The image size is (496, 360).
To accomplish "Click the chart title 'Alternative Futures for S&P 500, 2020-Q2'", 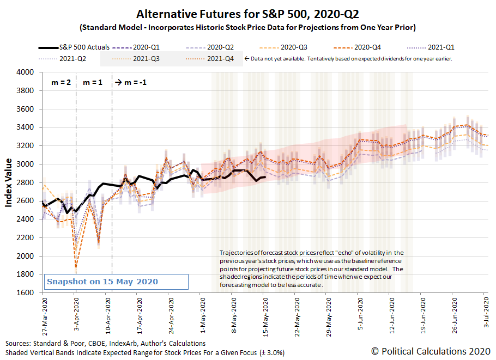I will pyautogui.click(x=247, y=14).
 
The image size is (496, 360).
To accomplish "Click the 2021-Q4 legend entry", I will pyautogui.click(x=221, y=58).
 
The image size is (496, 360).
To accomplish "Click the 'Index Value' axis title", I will pyautogui.click(x=9, y=182).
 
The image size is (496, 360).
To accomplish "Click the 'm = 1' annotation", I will pyautogui.click(x=93, y=83).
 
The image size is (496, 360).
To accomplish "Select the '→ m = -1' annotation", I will pyautogui.click(x=130, y=83).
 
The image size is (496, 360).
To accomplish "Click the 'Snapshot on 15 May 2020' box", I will pyautogui.click(x=116, y=282).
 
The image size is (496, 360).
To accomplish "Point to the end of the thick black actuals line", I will pyautogui.click(x=265, y=177).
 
